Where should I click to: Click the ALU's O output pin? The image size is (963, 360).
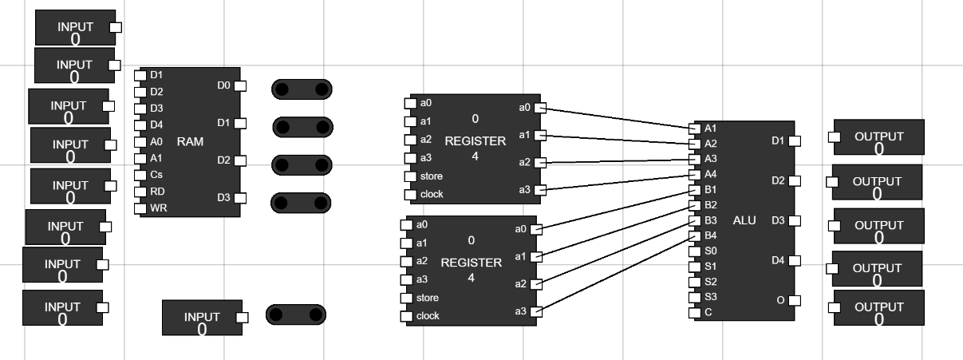pyautogui.click(x=794, y=301)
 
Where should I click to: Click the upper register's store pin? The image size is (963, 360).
pyautogui.click(x=410, y=176)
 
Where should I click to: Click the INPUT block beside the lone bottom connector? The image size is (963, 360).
pyautogui.click(x=202, y=318)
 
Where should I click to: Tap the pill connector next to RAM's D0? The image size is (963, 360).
pyautogui.click(x=302, y=89)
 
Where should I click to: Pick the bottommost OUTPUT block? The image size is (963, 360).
pyautogui.click(x=878, y=307)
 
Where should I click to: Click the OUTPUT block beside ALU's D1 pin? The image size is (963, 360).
pyautogui.click(x=878, y=137)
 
